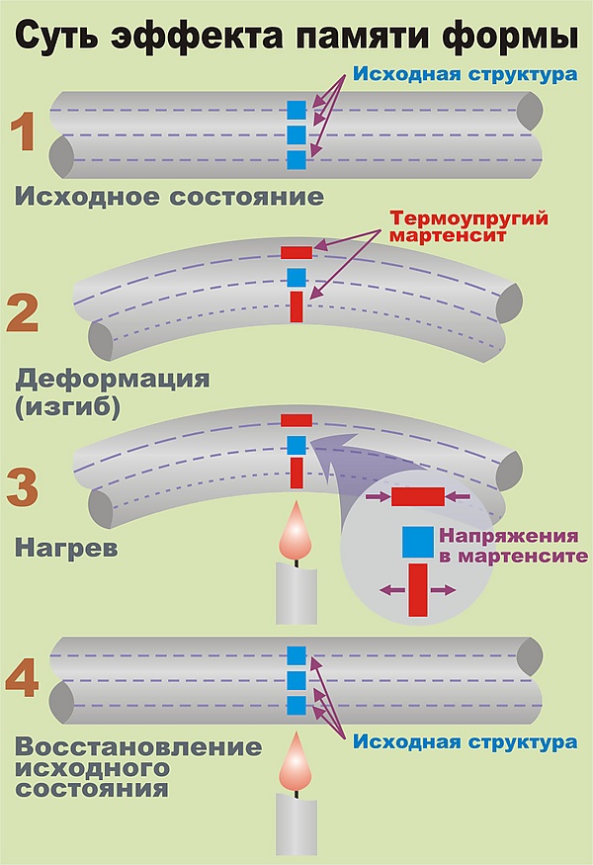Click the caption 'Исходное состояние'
169,197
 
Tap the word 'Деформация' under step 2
114,379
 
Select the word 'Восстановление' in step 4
138,746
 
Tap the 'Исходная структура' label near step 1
465,74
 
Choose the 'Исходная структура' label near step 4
465,740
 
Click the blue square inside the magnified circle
417,542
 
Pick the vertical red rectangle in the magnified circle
418,589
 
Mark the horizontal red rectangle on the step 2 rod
296,252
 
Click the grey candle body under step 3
296,595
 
